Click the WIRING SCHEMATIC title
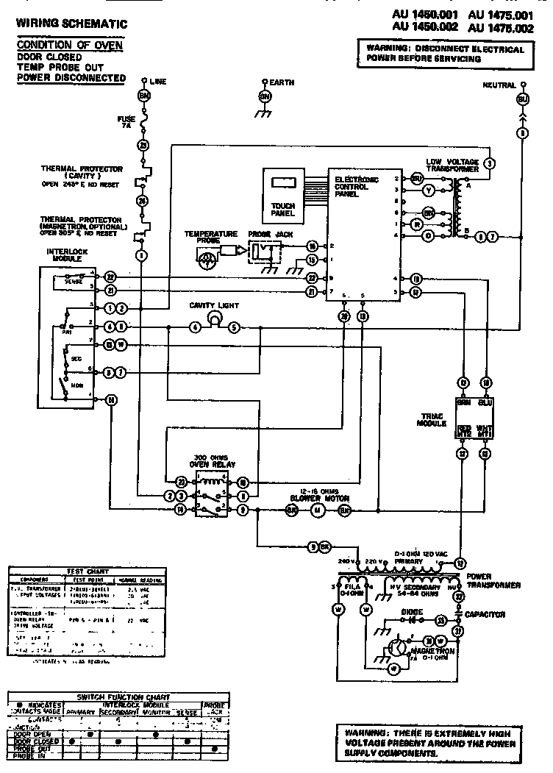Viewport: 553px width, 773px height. point(71,24)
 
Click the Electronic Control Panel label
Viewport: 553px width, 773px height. point(357,188)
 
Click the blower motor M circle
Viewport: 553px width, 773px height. point(318,509)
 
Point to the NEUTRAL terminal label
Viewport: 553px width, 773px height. point(499,85)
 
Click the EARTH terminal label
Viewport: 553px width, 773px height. point(282,82)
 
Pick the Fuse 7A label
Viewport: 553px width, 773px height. point(126,122)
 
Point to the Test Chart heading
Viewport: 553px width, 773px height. point(87,570)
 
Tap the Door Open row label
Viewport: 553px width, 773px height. point(32,733)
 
